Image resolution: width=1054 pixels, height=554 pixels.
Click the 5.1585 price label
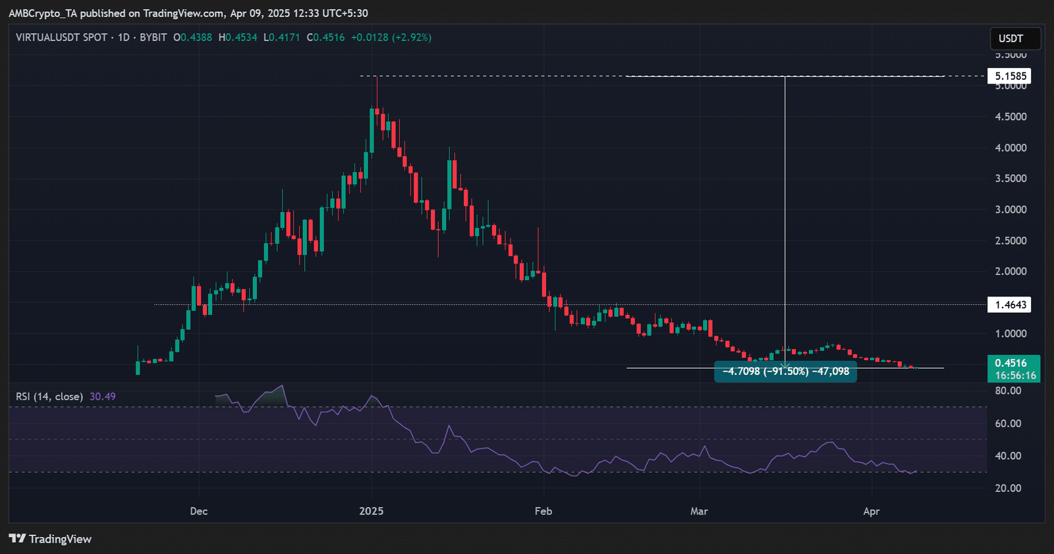tap(1009, 76)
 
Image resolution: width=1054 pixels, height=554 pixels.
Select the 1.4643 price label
tap(1009, 304)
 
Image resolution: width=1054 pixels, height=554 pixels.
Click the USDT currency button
tap(1015, 38)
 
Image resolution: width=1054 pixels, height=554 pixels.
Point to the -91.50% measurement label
tap(785, 372)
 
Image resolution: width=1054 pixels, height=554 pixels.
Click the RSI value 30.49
tap(103, 397)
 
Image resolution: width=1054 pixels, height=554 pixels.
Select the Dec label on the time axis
tap(198, 511)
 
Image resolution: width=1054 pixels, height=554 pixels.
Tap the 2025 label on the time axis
tap(372, 511)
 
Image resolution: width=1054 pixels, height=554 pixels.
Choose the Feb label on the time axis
tap(543, 511)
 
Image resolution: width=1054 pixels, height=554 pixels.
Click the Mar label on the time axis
tap(699, 511)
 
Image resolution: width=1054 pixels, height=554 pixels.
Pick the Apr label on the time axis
tap(872, 511)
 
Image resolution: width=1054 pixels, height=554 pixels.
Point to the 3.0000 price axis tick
tap(1011, 209)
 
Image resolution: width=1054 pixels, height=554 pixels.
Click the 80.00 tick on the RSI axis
tap(1009, 391)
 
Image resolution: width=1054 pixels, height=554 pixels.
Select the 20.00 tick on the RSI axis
tap(1009, 488)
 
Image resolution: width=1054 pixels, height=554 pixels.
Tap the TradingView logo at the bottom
tap(50, 539)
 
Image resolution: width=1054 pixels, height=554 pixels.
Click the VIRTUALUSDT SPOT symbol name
tap(62, 38)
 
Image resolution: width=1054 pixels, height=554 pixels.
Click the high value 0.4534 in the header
tap(241, 38)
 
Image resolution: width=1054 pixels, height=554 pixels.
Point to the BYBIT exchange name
tap(153, 38)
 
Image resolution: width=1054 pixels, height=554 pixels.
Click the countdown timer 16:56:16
tap(1015, 375)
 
